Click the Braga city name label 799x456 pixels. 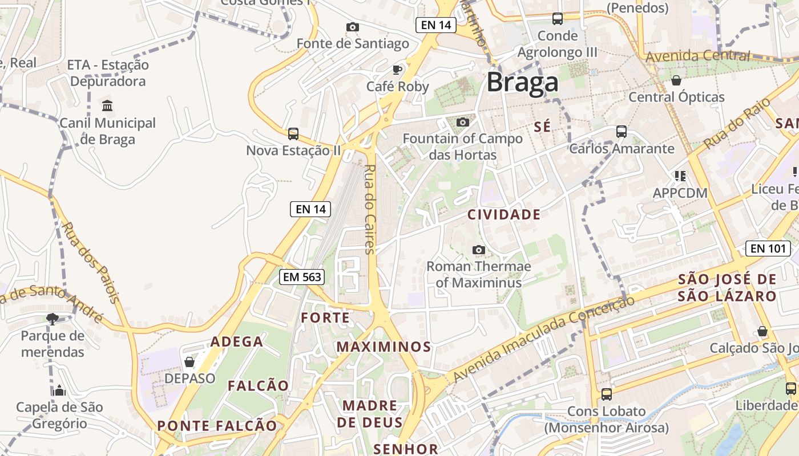click(522, 83)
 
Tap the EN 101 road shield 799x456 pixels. click(768, 249)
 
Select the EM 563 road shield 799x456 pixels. click(302, 277)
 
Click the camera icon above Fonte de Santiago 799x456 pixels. click(353, 27)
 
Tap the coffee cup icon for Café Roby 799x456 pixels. click(397, 70)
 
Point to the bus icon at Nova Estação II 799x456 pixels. click(293, 134)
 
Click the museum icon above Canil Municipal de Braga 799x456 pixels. click(107, 105)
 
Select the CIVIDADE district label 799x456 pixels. click(504, 215)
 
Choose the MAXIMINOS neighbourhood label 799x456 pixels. click(384, 347)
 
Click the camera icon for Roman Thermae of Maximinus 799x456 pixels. click(479, 250)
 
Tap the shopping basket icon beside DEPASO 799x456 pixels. click(189, 362)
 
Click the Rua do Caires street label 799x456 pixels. click(369, 209)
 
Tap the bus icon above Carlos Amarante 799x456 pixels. click(622, 132)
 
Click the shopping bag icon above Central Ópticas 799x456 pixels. click(676, 80)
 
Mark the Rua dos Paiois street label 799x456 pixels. click(91, 262)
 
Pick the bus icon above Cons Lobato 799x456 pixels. click(607, 394)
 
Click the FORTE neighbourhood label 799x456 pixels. click(325, 318)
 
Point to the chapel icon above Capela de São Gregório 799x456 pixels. click(59, 390)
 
